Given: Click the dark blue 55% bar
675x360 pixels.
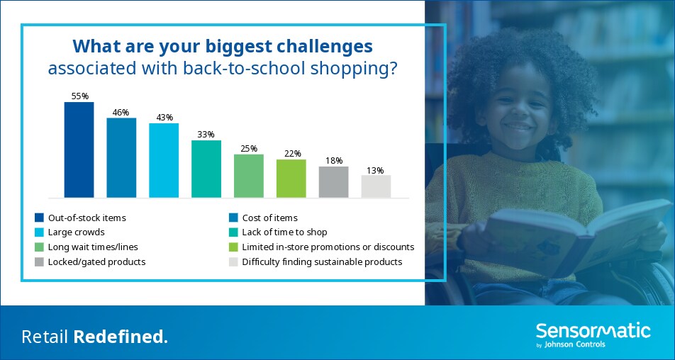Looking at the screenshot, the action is [x=79, y=150].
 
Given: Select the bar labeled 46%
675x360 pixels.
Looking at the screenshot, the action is [x=121, y=158].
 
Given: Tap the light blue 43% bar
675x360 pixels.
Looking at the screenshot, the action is [x=164, y=160].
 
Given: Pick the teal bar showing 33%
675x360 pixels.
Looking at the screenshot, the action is [x=206, y=169].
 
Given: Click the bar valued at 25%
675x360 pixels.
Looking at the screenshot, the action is [x=249, y=176].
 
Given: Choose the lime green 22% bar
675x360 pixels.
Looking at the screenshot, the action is [x=291, y=179].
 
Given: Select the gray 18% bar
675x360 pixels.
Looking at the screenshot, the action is [x=334, y=182].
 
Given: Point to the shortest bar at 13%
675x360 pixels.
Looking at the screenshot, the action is [x=376, y=186].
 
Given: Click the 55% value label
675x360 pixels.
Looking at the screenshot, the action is [x=79, y=96].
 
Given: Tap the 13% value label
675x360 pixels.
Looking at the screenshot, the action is [x=375, y=170].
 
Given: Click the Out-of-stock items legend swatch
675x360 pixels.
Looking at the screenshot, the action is [x=40, y=218].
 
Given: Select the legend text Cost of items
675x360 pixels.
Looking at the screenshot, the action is [x=270, y=218].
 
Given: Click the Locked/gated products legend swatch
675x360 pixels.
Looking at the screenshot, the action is [x=40, y=261].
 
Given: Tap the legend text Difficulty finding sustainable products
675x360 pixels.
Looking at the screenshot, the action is [x=322, y=262].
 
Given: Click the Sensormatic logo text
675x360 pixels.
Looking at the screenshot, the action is [x=593, y=331].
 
